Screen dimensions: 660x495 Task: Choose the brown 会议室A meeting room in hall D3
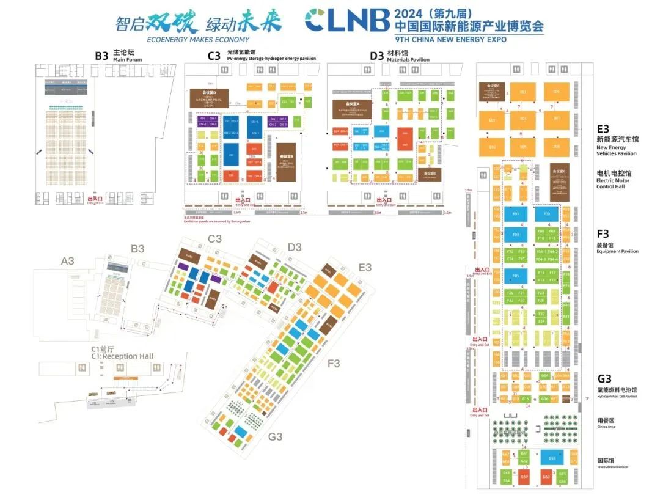[x=353, y=108]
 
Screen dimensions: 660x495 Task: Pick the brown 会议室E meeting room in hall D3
[x=430, y=174]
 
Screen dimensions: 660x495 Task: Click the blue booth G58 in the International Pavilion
[x=552, y=458]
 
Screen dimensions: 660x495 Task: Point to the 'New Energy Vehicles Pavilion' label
[x=617, y=150]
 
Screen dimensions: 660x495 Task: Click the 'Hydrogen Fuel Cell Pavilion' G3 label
[x=617, y=396]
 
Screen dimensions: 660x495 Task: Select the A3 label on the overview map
[x=68, y=261]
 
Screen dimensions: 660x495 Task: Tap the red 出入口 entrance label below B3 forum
[x=95, y=199]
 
